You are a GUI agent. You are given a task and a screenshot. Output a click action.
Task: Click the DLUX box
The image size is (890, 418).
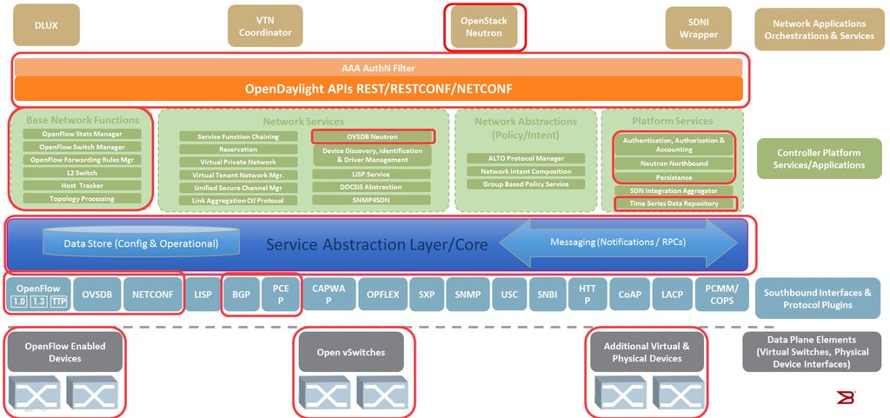pyautogui.click(x=46, y=25)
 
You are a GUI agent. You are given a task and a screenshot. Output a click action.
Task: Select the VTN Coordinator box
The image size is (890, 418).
pyautogui.click(x=265, y=26)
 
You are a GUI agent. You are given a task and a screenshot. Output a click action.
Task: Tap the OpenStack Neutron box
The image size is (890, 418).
pyautogui.click(x=483, y=26)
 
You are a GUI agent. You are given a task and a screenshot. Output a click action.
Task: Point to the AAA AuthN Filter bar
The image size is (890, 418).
pyautogui.click(x=378, y=68)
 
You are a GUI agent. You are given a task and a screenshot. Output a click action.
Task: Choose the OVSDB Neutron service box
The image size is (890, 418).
pyautogui.click(x=372, y=136)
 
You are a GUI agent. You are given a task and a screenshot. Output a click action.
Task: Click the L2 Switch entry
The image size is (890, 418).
pyautogui.click(x=83, y=173)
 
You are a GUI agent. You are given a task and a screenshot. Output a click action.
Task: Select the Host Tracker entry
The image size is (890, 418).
pyautogui.click(x=83, y=186)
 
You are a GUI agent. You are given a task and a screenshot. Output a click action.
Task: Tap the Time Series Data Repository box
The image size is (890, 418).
pyautogui.click(x=674, y=203)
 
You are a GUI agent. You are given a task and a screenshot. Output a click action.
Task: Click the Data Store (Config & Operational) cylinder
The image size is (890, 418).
pyautogui.click(x=141, y=243)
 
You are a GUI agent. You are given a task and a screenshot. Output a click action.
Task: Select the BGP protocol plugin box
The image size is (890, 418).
pyautogui.click(x=241, y=295)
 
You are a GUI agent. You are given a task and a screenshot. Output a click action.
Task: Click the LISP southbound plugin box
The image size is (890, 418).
pyautogui.click(x=203, y=295)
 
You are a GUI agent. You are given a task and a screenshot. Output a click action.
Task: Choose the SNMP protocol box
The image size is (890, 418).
pyautogui.click(x=472, y=295)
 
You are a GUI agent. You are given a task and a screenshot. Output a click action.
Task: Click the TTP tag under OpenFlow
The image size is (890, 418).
pyautogui.click(x=58, y=301)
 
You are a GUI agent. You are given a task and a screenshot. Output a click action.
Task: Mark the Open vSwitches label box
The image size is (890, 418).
pyautogui.click(x=352, y=352)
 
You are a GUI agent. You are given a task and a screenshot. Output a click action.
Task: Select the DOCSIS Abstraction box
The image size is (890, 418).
pyautogui.click(x=371, y=187)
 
